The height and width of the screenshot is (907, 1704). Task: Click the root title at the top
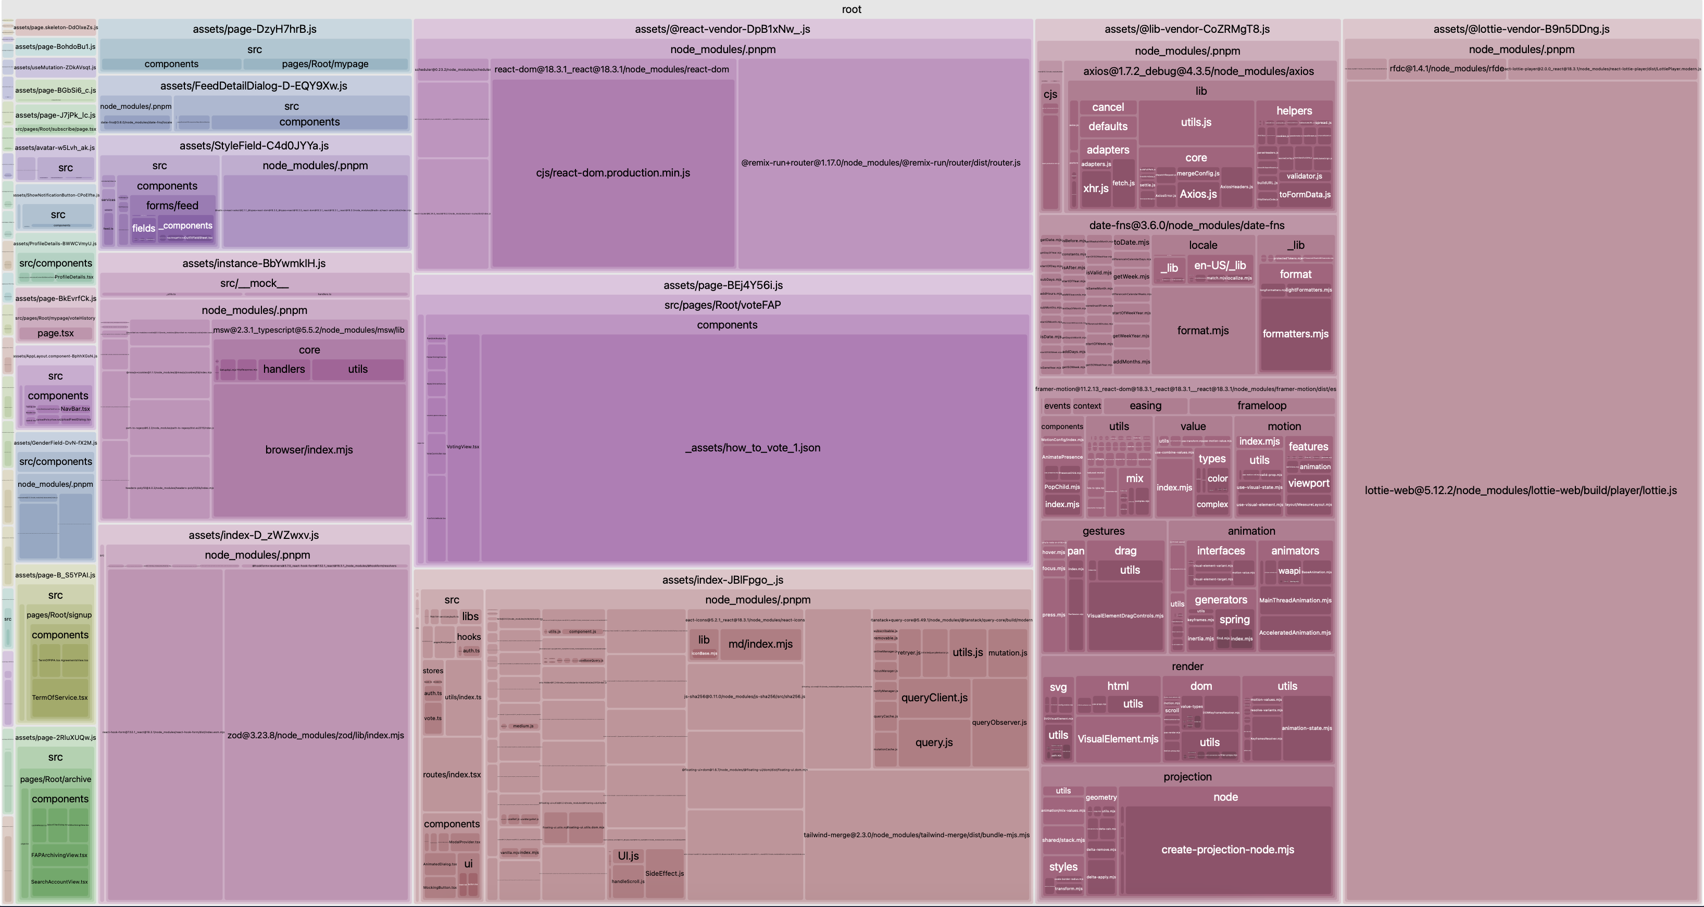851,9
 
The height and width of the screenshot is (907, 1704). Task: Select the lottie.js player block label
1520,490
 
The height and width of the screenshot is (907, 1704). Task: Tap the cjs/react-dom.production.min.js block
612,173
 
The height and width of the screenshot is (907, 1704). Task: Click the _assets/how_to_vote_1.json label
753,448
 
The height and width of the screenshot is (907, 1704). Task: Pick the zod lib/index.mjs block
316,735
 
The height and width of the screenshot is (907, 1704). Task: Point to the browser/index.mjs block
309,450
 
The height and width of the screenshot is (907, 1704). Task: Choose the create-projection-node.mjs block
1227,849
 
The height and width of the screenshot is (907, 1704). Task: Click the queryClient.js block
934,698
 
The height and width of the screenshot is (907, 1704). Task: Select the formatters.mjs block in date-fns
1295,334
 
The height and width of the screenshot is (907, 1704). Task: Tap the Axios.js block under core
1198,194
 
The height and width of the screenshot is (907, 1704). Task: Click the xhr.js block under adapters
1095,188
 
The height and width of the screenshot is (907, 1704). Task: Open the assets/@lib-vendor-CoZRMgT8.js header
1187,29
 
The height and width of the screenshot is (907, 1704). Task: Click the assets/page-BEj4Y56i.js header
723,285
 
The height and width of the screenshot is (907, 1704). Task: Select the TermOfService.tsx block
59,697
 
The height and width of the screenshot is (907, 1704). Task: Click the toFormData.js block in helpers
1305,195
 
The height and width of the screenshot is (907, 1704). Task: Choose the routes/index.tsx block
452,775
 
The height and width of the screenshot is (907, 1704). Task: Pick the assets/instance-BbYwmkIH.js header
254,263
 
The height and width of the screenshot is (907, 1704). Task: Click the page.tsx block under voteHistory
56,333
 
